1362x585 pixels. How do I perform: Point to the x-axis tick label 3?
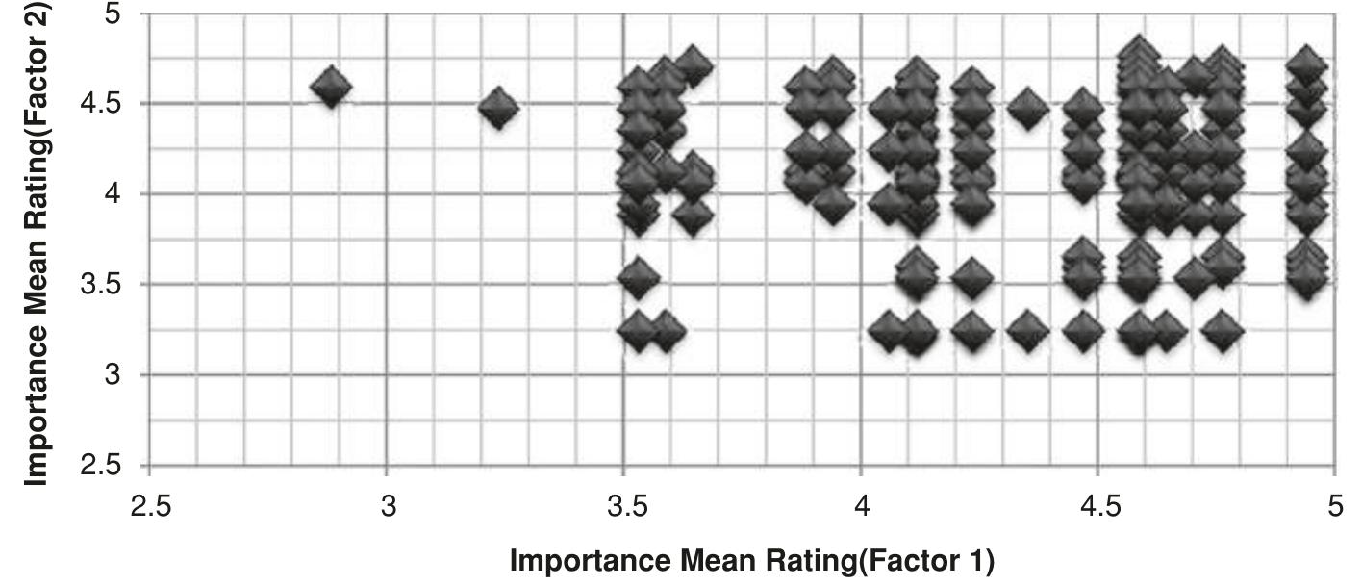(388, 507)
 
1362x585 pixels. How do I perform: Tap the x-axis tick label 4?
(862, 507)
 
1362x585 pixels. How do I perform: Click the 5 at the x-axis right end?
(1335, 507)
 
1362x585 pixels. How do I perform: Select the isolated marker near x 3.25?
(498, 108)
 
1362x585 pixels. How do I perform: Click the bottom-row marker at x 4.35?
(1028, 331)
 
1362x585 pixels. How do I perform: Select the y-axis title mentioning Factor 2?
(37, 241)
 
